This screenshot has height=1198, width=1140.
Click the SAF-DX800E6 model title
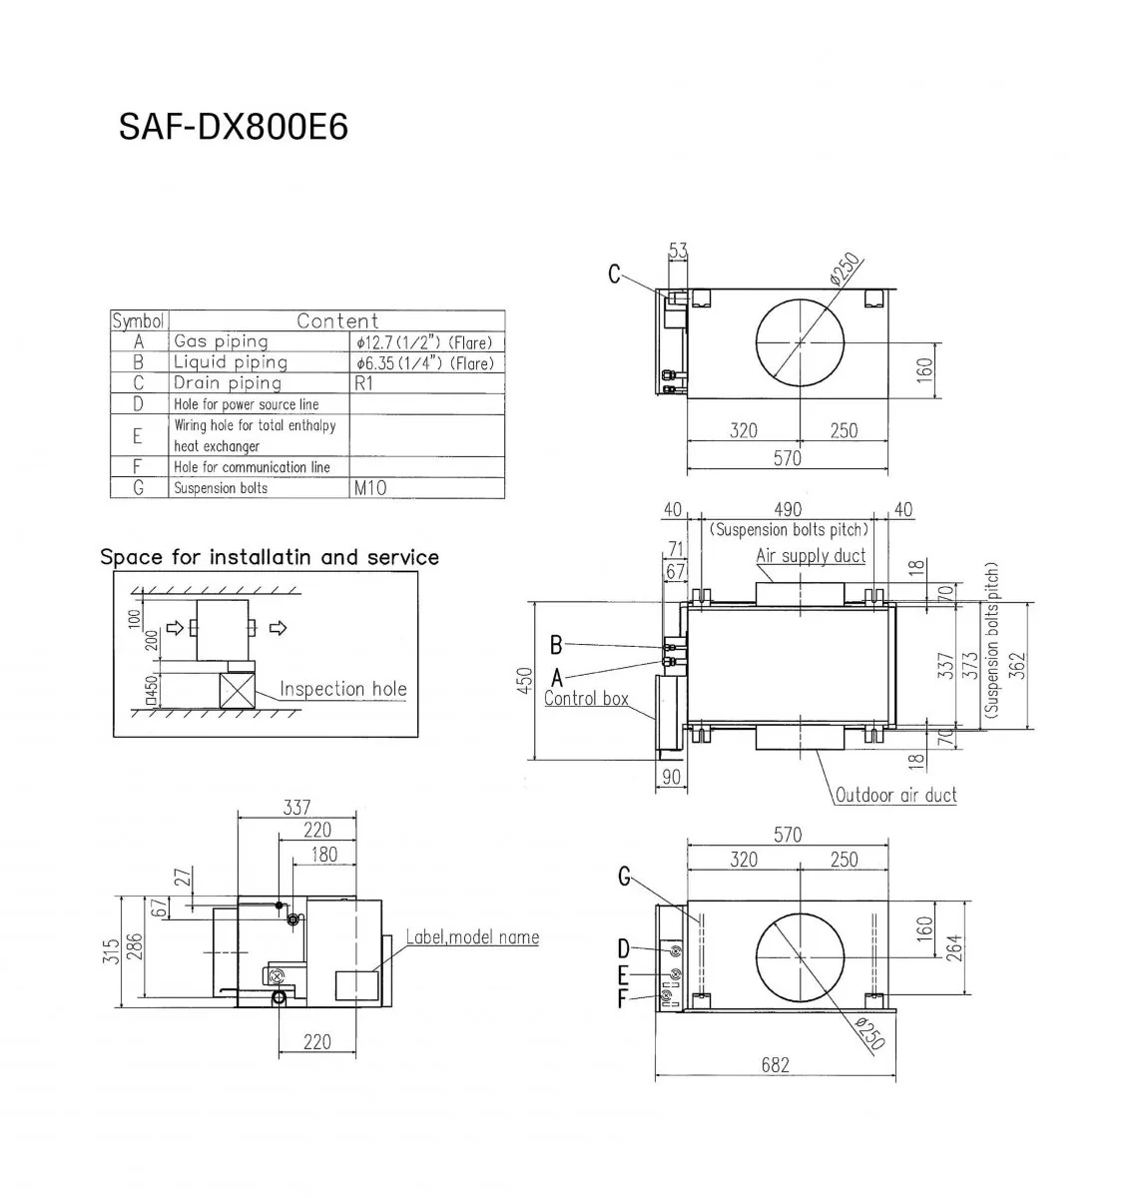pyautogui.click(x=234, y=127)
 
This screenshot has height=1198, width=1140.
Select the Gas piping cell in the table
pyautogui.click(x=221, y=341)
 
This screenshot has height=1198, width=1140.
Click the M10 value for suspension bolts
pyautogui.click(x=369, y=488)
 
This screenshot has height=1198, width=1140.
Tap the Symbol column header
pyautogui.click(x=138, y=321)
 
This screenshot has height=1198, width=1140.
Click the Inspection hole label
pyautogui.click(x=342, y=689)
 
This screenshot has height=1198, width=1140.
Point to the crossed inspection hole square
pyautogui.click(x=238, y=690)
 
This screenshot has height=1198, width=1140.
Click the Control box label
pyautogui.click(x=586, y=699)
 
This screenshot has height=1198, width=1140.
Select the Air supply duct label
pyautogui.click(x=810, y=556)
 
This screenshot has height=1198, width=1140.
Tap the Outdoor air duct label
pyautogui.click(x=895, y=795)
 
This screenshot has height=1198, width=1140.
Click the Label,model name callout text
pyautogui.click(x=472, y=937)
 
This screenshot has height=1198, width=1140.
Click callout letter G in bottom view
pyautogui.click(x=624, y=878)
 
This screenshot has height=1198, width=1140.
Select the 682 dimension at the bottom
pyautogui.click(x=775, y=1065)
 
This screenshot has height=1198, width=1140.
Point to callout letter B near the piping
pyautogui.click(x=556, y=644)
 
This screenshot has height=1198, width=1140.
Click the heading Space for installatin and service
pyautogui.click(x=270, y=557)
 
